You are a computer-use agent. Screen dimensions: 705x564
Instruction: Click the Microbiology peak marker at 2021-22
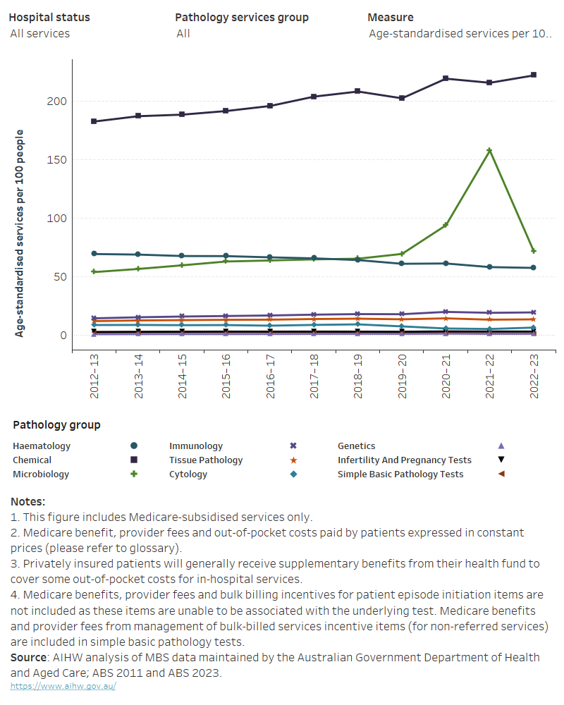click(489, 150)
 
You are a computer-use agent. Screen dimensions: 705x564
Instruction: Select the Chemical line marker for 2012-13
click(94, 121)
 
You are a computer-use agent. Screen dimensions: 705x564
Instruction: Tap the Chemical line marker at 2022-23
click(533, 75)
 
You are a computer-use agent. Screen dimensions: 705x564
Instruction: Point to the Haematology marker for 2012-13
click(94, 254)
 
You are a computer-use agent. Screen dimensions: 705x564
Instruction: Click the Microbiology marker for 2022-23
click(533, 251)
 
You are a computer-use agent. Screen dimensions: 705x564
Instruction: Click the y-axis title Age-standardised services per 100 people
click(20, 233)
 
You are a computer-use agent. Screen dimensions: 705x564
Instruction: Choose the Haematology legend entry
click(42, 446)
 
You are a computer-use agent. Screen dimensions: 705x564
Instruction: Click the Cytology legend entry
click(188, 474)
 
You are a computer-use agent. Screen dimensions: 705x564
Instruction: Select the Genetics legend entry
click(356, 446)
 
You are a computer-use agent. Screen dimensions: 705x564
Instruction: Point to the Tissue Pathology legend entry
click(206, 460)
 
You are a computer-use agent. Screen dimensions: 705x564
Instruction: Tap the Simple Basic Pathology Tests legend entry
click(400, 474)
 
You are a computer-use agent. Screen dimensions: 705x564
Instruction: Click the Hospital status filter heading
click(49, 17)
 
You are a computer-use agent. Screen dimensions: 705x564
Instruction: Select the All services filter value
click(40, 33)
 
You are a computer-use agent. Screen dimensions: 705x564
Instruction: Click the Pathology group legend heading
click(56, 425)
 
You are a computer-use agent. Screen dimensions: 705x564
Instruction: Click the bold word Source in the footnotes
click(28, 657)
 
